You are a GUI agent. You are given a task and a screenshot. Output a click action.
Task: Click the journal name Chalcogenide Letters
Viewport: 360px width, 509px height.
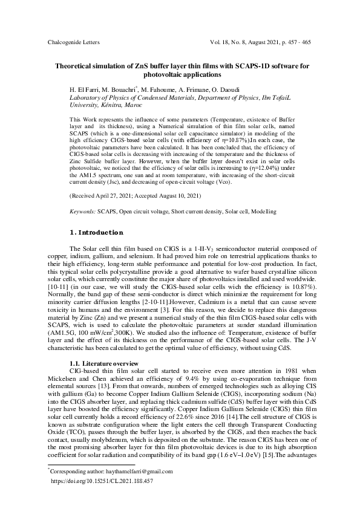click(x=73, y=43)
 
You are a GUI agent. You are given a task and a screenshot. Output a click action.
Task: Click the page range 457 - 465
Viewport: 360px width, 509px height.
click(x=297, y=43)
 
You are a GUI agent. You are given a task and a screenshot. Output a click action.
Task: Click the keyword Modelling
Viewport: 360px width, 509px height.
click(x=263, y=212)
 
